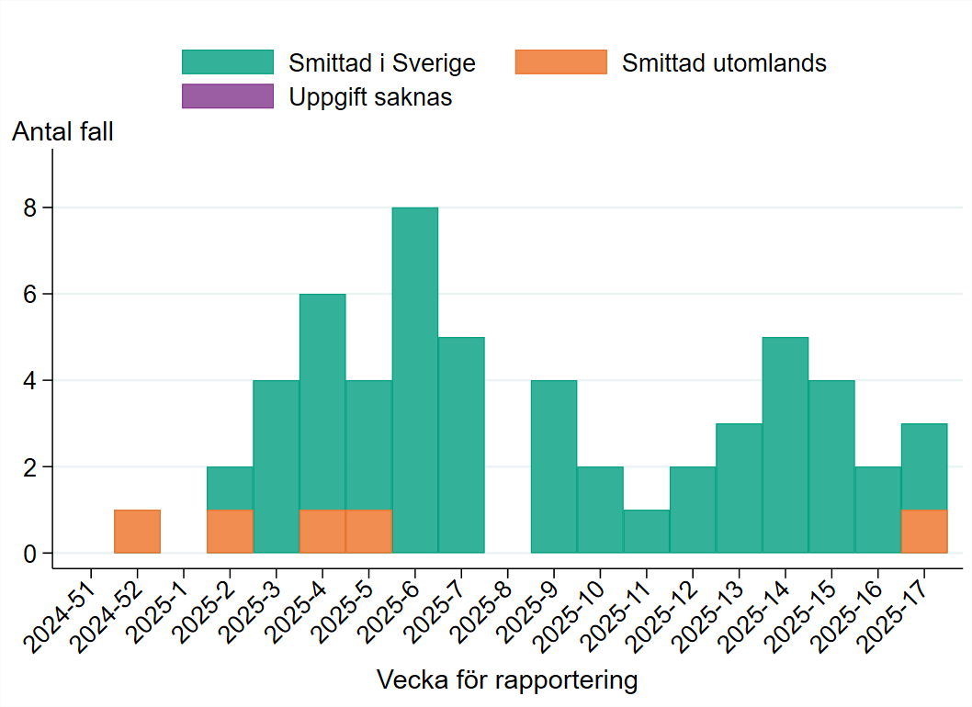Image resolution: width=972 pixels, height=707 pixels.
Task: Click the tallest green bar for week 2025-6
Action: pos(415,380)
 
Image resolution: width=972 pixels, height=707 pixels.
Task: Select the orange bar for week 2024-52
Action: pos(138,532)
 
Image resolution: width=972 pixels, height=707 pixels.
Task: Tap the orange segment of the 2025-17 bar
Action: pos(924,532)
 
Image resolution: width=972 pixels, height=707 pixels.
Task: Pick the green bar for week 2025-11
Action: pos(647,532)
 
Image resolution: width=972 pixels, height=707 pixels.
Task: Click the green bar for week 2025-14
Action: pos(786,445)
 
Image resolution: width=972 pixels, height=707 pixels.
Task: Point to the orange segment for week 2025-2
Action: pos(230,532)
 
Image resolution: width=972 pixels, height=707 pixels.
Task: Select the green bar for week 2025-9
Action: pos(554,466)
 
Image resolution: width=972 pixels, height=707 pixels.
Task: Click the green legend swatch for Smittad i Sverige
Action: pos(228,62)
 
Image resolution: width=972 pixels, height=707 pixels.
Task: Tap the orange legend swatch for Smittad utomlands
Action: pos(561,62)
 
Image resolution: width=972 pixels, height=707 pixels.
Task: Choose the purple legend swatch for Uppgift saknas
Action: pos(228,96)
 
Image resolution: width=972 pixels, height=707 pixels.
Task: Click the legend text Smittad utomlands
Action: pos(724,63)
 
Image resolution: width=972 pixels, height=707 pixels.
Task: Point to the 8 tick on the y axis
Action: pos(31,208)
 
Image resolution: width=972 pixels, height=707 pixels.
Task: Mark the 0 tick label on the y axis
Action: pos(31,554)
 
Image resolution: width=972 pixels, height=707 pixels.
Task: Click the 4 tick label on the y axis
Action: pos(31,381)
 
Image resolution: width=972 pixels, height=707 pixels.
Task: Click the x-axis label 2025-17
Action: pos(900,611)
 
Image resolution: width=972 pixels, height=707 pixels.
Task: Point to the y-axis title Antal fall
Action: pos(62,132)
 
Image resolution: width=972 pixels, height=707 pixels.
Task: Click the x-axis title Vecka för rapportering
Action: pos(507,680)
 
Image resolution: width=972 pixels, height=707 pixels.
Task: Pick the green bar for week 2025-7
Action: pos(461,445)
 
